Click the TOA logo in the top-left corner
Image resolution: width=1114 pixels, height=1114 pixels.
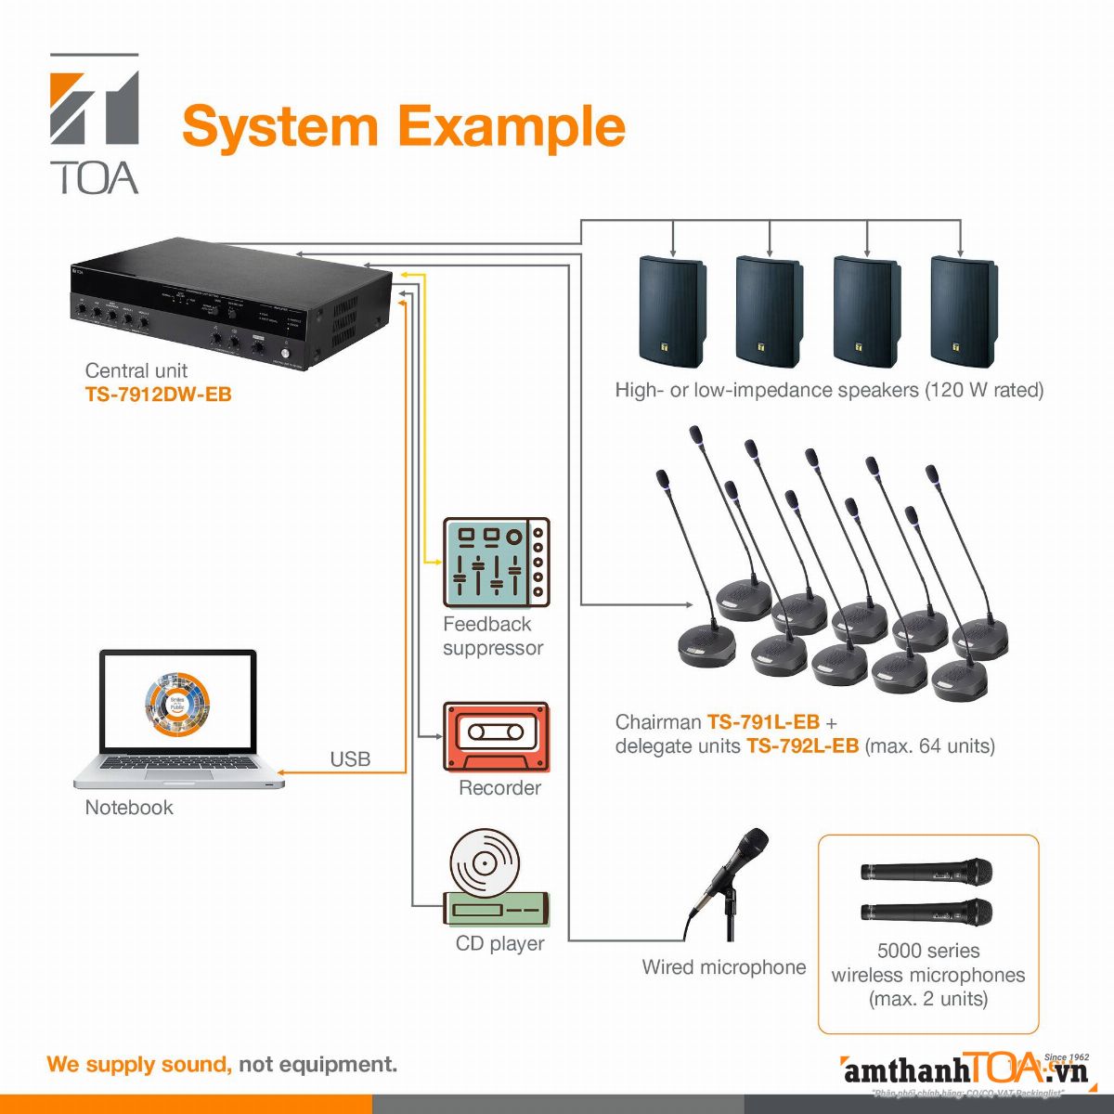click(x=95, y=123)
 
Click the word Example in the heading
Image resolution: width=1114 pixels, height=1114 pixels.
click(x=513, y=127)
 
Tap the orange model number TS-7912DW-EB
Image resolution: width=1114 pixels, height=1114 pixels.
click(x=158, y=395)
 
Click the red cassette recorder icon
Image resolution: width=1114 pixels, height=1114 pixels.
click(x=496, y=736)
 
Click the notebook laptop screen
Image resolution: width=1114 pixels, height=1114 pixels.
click(x=178, y=701)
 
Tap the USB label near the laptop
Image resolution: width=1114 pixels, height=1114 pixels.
click(x=350, y=759)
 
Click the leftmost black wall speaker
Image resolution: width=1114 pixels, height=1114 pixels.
click(x=672, y=312)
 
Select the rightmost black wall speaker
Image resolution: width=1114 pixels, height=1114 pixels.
click(x=964, y=312)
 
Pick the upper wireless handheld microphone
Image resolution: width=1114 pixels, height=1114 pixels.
click(x=926, y=873)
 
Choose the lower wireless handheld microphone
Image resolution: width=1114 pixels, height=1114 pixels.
click(x=926, y=912)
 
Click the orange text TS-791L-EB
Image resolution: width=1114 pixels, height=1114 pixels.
click(x=763, y=722)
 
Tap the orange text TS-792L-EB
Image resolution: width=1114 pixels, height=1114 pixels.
click(x=802, y=746)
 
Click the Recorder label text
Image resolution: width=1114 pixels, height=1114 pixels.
click(x=499, y=788)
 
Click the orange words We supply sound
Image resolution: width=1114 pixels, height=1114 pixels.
click(x=139, y=1064)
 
